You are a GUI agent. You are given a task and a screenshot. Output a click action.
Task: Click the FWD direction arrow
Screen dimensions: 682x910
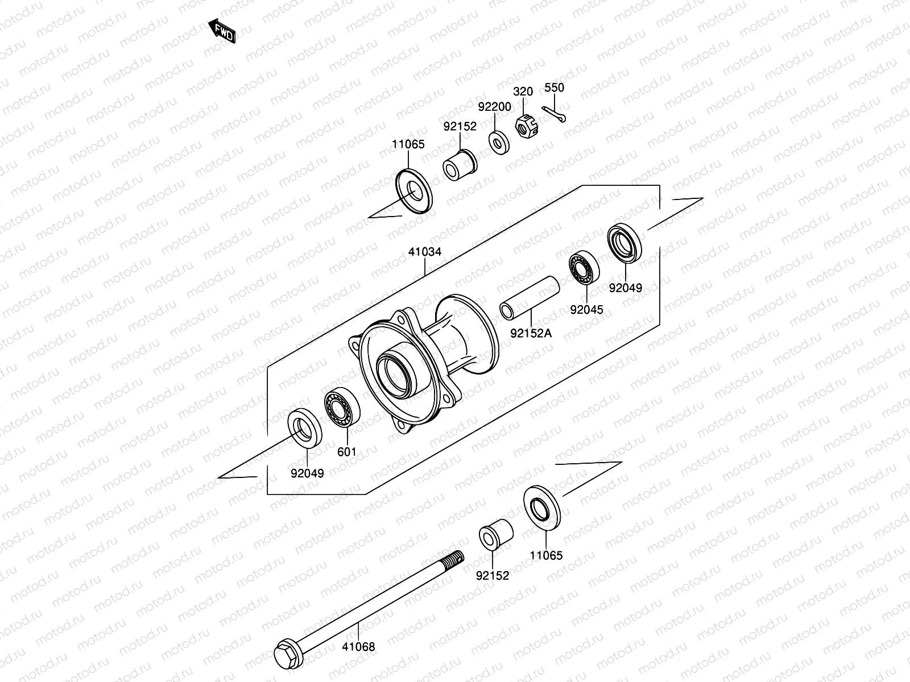[222, 31]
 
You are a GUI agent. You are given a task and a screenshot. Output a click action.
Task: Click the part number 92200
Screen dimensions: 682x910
[494, 107]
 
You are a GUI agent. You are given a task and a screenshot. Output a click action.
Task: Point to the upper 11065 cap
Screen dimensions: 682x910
[413, 191]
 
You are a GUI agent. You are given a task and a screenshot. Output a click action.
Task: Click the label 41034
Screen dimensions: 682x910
[424, 252]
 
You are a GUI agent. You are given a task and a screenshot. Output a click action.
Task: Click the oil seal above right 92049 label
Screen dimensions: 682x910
[625, 243]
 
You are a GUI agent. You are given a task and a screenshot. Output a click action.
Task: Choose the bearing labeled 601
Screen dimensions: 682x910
[342, 406]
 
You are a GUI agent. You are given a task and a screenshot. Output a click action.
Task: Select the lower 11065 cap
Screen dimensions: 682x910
[541, 506]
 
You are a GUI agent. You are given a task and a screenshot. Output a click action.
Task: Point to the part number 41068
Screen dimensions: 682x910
[358, 646]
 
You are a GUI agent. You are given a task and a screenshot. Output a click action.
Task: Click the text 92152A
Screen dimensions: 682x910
[530, 333]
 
